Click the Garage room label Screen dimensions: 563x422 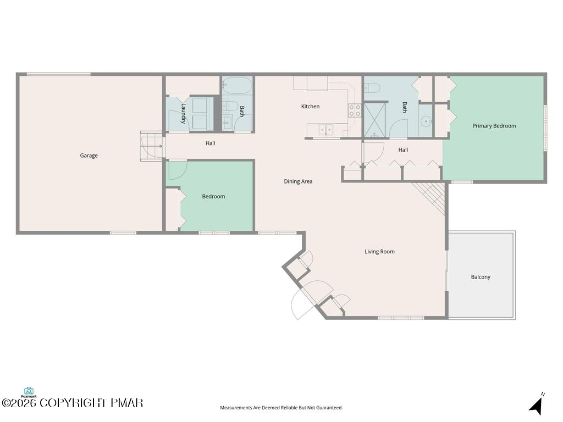tap(89, 156)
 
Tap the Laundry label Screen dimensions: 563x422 tap(183, 113)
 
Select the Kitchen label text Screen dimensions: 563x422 tap(310, 106)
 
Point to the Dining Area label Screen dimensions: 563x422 tap(298, 181)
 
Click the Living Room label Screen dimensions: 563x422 tap(379, 252)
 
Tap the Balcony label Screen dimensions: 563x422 tap(481, 277)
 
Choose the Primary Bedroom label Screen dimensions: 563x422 tap(494, 126)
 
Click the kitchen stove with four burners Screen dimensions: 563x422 tap(355, 110)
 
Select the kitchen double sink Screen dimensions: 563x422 tap(325, 129)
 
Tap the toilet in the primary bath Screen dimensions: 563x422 tap(373, 87)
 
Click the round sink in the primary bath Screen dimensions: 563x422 tap(426, 121)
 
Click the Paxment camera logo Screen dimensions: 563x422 tap(29, 392)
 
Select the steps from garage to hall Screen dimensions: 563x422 tap(151, 146)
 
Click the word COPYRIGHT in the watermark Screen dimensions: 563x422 tap(73, 403)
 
